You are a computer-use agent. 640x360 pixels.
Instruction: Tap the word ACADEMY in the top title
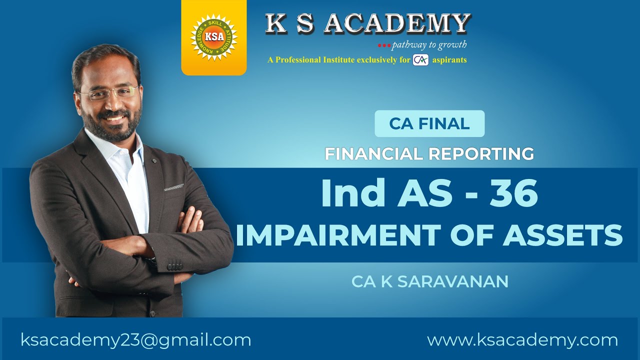397,23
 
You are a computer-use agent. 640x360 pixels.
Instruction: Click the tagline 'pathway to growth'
429,45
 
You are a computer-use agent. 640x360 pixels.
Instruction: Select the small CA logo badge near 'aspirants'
420,60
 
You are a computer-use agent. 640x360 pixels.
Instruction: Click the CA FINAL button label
429,123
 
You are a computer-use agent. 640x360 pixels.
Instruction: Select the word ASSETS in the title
562,235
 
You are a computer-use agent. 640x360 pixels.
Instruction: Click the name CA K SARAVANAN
429,281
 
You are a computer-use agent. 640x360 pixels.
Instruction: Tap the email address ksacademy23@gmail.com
136,340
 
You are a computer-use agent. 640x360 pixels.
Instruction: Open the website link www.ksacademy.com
522,340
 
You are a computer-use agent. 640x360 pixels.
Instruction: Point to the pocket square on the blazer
173,187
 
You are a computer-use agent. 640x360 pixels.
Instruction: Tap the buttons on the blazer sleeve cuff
174,266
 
